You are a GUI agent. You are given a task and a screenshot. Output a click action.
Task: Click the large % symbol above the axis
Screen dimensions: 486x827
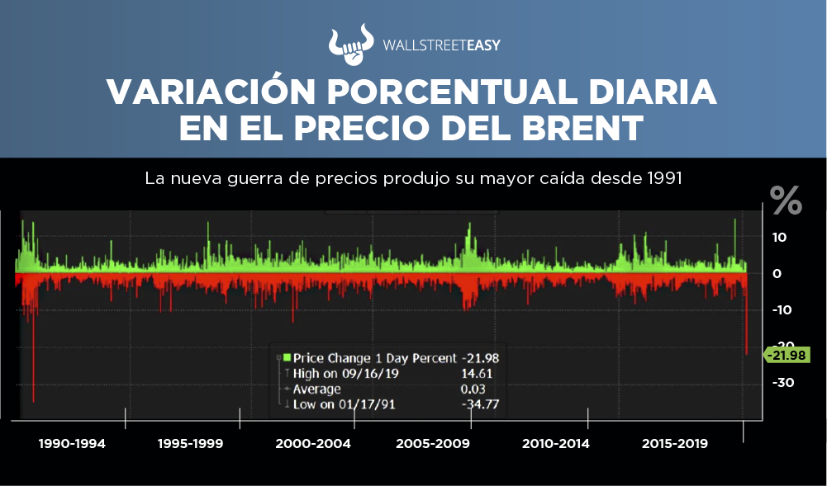(x=786, y=201)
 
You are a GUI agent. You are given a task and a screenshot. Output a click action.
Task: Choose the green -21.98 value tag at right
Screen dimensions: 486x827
(x=787, y=355)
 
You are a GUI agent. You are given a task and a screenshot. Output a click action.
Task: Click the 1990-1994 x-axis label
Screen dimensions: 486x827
(x=72, y=444)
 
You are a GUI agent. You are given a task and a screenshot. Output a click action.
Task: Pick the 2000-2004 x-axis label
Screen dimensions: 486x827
(x=313, y=444)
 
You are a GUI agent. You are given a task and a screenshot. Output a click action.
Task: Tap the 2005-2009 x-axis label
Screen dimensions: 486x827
(x=433, y=444)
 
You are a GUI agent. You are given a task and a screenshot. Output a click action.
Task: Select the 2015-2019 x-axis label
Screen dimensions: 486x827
(x=674, y=444)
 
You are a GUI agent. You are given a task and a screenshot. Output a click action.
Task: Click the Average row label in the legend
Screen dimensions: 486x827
(x=316, y=389)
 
